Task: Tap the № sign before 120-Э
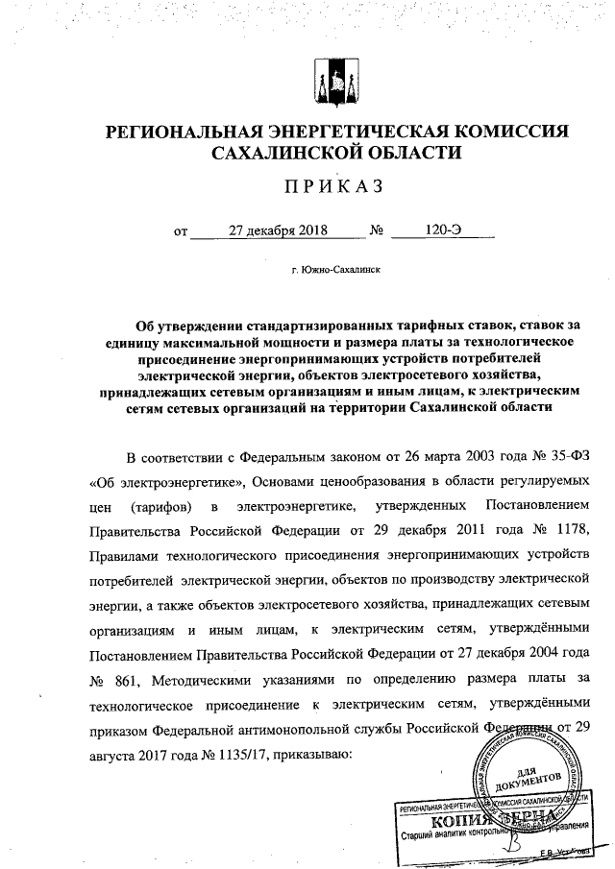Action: [x=378, y=231]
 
